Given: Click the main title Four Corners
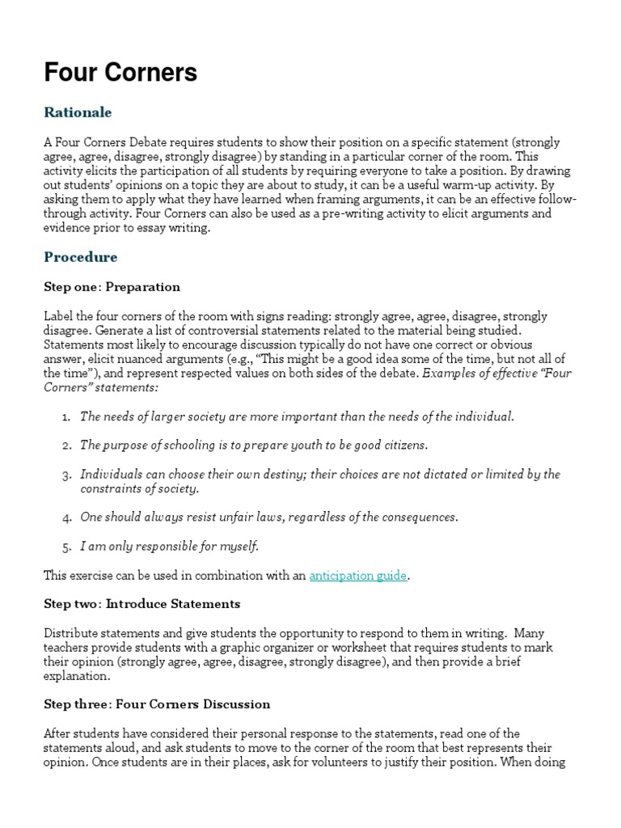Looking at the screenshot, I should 120,73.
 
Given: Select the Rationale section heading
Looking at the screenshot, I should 78,112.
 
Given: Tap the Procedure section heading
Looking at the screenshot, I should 80,257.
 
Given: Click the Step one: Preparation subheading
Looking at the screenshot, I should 112,287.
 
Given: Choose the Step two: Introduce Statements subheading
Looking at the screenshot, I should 142,604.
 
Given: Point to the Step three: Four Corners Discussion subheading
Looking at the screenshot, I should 157,704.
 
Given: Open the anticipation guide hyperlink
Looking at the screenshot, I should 358,576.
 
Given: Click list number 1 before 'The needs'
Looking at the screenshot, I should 65,416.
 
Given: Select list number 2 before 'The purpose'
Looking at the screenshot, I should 65,446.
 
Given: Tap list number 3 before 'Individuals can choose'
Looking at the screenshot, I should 65,475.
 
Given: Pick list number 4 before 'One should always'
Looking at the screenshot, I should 65,517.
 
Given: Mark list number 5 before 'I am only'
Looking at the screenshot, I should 65,547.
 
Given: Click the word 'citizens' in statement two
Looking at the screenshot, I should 403,446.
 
